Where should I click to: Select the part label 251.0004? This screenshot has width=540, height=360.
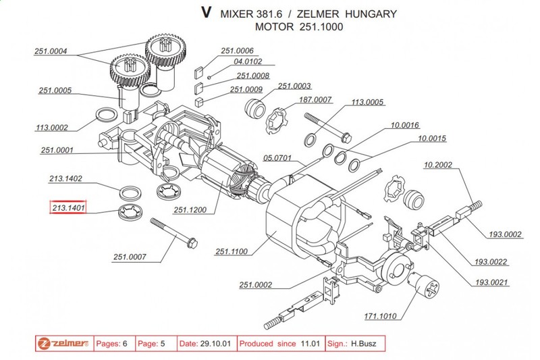54,51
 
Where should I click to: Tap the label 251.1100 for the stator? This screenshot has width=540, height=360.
232,252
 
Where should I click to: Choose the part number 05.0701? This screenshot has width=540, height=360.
277,157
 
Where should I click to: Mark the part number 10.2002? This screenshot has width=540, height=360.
439,164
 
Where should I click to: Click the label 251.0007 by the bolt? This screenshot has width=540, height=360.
130,257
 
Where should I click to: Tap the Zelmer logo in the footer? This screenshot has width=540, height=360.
64,343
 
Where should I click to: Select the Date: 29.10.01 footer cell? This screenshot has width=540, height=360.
207,343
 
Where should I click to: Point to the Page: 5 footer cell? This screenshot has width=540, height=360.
154,343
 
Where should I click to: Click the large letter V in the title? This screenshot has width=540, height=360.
207,13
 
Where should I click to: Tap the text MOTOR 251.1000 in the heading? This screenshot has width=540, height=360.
299,28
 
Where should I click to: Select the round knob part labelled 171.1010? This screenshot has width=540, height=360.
425,288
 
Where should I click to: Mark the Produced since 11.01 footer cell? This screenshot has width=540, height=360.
281,343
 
